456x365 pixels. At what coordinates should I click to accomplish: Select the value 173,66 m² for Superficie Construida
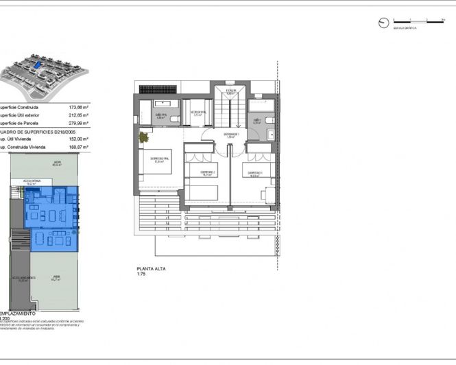(x=80, y=108)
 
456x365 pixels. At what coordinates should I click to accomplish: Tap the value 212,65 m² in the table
(x=80, y=115)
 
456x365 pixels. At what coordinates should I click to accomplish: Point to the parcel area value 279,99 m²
(x=80, y=123)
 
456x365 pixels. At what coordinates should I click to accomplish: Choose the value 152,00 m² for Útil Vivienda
(x=80, y=139)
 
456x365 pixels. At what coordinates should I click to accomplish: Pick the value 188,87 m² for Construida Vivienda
(x=80, y=147)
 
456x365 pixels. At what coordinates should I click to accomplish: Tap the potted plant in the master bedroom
(x=144, y=137)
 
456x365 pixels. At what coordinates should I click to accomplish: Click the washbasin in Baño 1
(x=268, y=118)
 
